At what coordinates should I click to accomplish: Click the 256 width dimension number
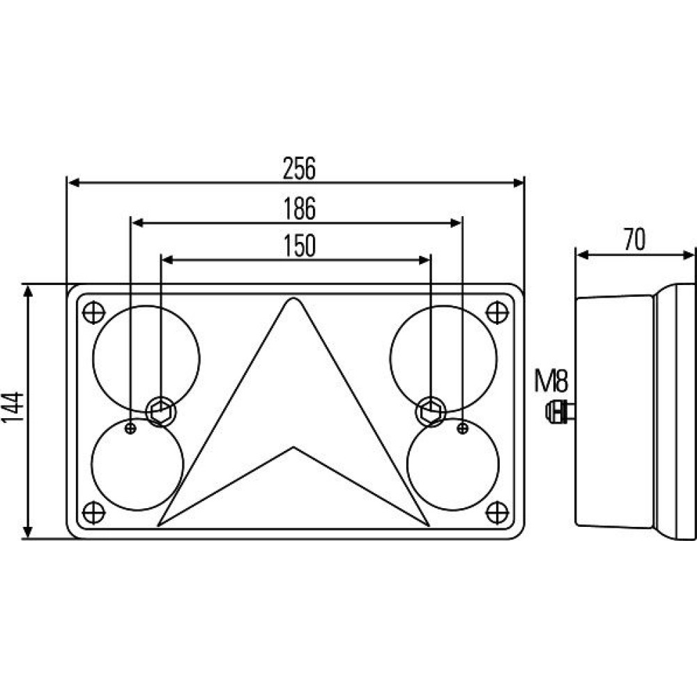coord(299,168)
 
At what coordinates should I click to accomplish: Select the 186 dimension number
coord(300,208)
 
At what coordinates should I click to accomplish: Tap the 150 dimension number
coord(300,246)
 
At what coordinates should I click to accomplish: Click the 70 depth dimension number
coord(634,240)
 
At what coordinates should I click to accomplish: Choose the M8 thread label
coord(551,381)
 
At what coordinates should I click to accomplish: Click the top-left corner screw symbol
coord(94,312)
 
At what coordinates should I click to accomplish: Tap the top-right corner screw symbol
coord(497,312)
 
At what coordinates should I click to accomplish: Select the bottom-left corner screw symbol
coord(94,512)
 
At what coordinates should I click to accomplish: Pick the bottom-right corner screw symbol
coord(497,512)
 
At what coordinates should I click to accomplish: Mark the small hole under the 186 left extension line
coord(130,429)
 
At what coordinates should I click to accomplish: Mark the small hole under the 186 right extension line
coord(463,429)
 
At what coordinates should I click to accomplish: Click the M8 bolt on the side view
coord(560,411)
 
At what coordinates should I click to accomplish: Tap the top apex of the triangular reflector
coord(293,298)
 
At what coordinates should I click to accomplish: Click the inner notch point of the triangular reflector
coord(293,447)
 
